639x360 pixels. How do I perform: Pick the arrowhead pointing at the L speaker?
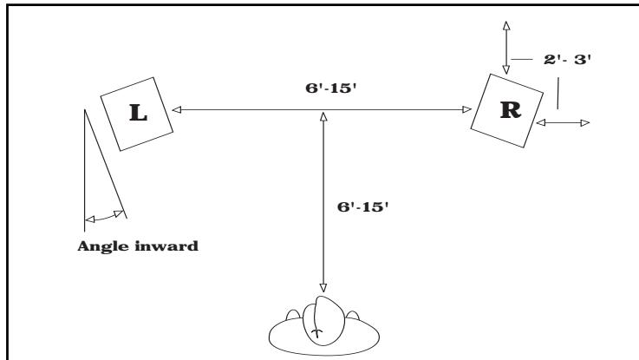pos(176,110)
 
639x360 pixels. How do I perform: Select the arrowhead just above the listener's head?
pos(323,286)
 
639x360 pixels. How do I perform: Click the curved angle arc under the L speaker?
pos(104,216)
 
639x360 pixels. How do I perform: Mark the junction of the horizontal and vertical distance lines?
pos(323,110)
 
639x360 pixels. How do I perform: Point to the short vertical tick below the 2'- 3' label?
pos(558,94)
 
